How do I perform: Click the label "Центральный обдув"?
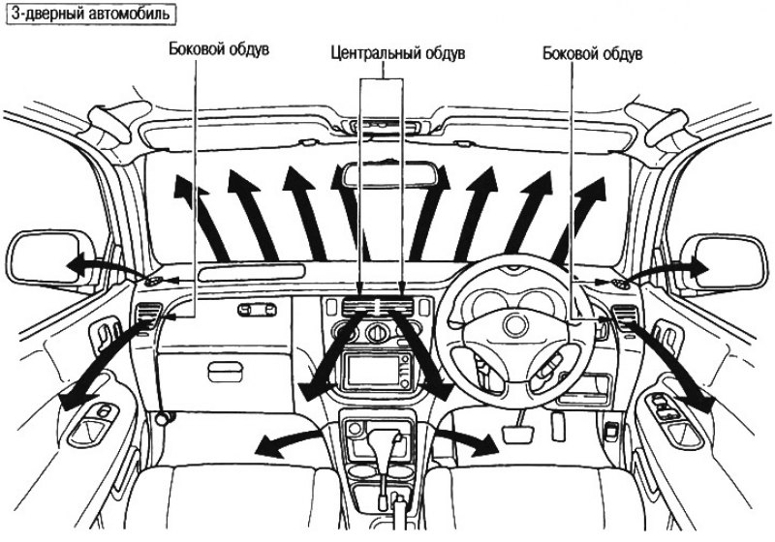coord(398,53)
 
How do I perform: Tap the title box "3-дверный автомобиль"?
coord(91,14)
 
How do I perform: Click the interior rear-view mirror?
coord(387,176)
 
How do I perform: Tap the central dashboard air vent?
coord(379,307)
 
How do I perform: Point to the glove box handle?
coord(226,373)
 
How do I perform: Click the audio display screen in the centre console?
coord(373,371)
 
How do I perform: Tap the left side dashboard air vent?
coord(148,315)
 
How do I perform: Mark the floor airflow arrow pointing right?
coord(466,440)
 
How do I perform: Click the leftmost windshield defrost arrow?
coord(200,216)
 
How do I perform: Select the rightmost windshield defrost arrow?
coord(579,218)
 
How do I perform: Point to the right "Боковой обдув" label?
coord(592,53)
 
